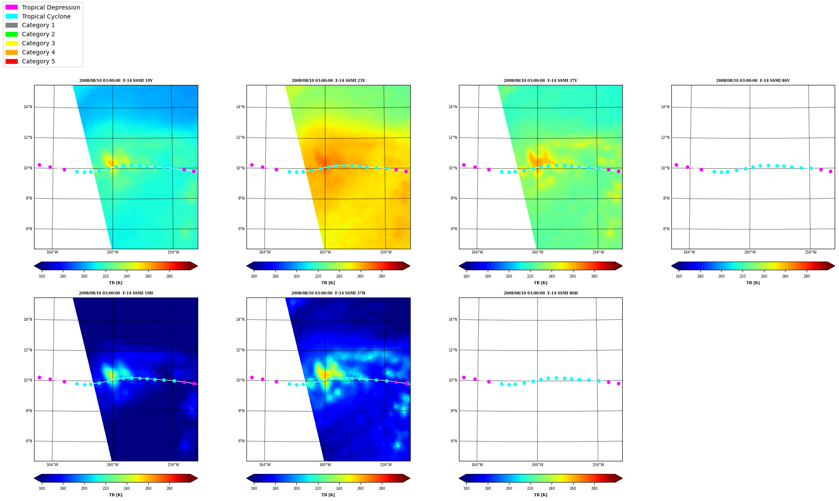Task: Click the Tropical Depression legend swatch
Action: coord(12,7)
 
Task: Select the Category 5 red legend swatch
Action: coord(12,61)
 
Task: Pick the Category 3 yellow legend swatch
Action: coord(12,43)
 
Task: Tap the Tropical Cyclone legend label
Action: coord(46,16)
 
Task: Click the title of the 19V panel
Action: coord(116,81)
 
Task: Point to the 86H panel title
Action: coord(540,293)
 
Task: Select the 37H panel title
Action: coord(328,293)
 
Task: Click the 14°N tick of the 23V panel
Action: coord(240,107)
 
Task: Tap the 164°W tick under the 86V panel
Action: coord(689,252)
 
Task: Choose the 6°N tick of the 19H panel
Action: coord(28,441)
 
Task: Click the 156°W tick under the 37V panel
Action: coord(598,252)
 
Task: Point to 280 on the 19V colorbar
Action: coord(169,276)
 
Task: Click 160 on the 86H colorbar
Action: coord(466,488)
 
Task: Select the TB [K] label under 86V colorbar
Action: coord(753,283)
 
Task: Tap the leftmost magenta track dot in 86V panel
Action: coord(676,165)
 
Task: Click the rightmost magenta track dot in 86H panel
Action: coord(618,383)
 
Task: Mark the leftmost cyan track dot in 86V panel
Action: coord(714,172)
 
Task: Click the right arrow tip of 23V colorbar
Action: coord(410,266)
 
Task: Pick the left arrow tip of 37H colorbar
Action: coord(247,478)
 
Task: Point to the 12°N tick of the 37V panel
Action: coord(452,138)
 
